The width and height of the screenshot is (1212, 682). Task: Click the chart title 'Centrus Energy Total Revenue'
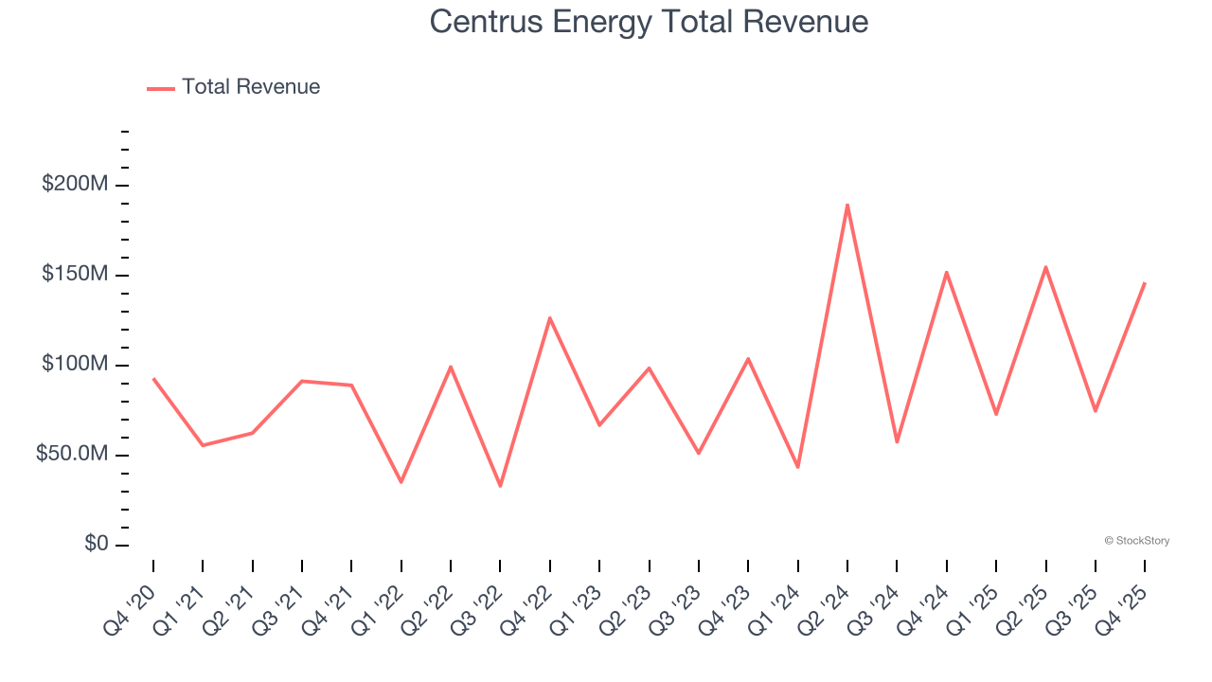(649, 21)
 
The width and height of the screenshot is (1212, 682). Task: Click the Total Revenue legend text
(251, 87)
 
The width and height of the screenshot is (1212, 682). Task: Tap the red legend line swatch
(161, 88)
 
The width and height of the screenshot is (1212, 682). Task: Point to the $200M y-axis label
(75, 184)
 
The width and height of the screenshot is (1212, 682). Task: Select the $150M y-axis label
(75, 275)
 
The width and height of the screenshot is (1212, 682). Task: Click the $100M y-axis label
(75, 365)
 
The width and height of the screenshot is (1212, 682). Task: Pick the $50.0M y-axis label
(72, 455)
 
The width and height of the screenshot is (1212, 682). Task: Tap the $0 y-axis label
(96, 545)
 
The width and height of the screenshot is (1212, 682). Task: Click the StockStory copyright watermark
(1136, 541)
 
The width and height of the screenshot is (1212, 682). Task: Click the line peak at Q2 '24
(847, 205)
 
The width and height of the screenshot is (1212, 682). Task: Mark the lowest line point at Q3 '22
(500, 486)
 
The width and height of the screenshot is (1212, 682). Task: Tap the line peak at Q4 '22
(550, 318)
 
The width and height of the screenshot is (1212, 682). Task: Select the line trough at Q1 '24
(798, 467)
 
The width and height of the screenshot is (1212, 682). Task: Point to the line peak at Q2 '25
(1045, 267)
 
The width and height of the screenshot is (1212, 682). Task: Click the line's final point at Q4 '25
(1145, 283)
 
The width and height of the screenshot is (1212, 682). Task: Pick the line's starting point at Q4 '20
(153, 379)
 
